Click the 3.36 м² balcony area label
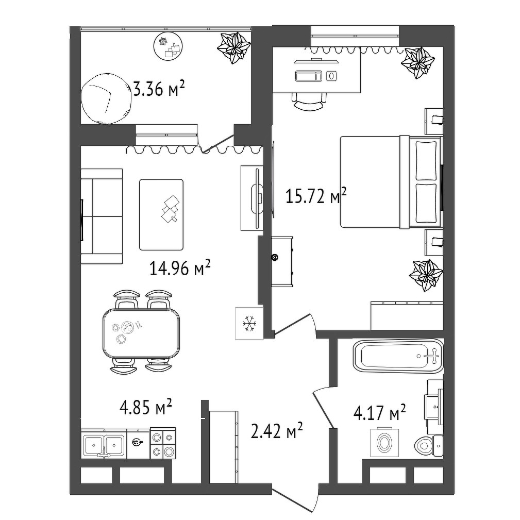(x=159, y=89)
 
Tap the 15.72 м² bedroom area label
(x=316, y=196)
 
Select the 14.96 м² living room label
(x=180, y=267)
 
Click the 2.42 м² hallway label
(x=277, y=430)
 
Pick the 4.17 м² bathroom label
(x=380, y=412)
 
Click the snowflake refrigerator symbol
(x=249, y=323)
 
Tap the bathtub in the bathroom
(x=398, y=356)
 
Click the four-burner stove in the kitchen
(x=163, y=443)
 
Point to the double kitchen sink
(x=104, y=444)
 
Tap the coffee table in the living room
(x=161, y=214)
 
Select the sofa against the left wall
(x=102, y=216)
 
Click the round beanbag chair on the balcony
(x=106, y=98)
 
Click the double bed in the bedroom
(x=391, y=182)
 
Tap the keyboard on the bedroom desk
(x=309, y=76)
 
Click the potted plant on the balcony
(x=234, y=47)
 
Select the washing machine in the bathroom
(x=384, y=442)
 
